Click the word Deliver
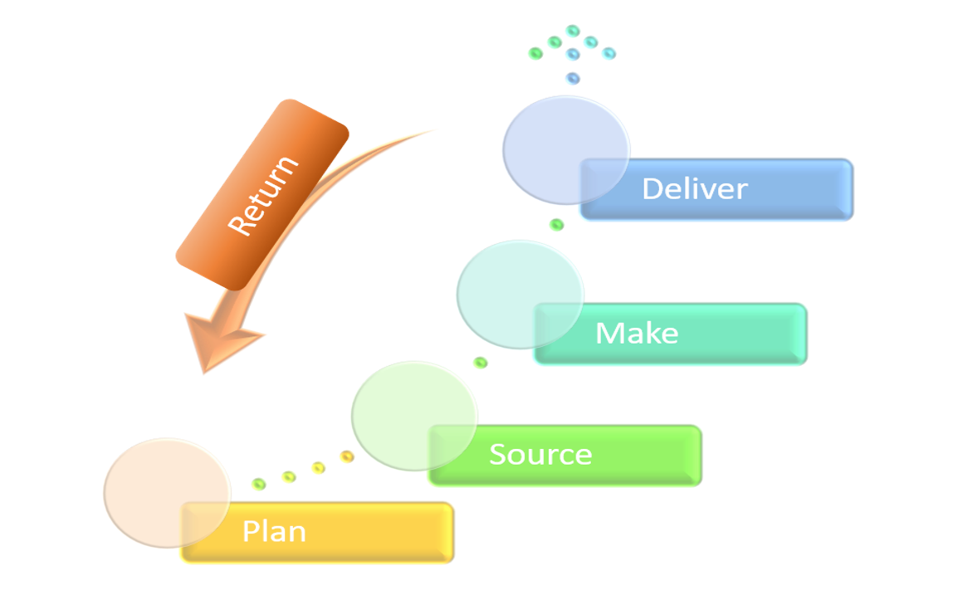tap(694, 188)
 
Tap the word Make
tap(637, 334)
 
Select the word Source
tap(540, 455)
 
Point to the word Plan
tap(274, 531)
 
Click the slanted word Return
tap(262, 196)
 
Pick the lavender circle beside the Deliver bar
tap(565, 149)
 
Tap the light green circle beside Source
tap(413, 416)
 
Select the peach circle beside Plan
tap(166, 493)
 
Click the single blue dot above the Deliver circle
tap(572, 79)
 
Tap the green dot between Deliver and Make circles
tap(556, 225)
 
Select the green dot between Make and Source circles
tap(480, 363)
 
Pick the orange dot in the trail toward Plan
tap(347, 456)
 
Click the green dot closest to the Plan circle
tap(259, 484)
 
